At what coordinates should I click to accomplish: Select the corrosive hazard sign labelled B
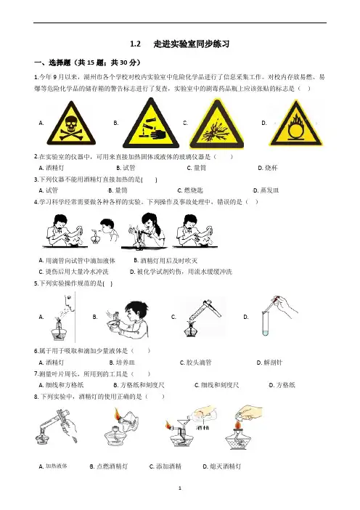[x=151, y=124]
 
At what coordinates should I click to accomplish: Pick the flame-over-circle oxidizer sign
[x=296, y=124]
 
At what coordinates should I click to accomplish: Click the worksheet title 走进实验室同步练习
[x=192, y=44]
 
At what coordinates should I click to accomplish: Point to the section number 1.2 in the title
[x=135, y=44]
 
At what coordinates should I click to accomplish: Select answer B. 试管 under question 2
[x=126, y=168]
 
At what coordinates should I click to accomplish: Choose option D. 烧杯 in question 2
[x=268, y=168]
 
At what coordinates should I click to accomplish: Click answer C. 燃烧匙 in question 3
[x=190, y=190]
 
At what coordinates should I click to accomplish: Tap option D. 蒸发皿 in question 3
[x=266, y=190]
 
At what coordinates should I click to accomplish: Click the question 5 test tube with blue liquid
[x=265, y=323]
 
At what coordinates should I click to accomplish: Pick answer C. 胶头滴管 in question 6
[x=195, y=363]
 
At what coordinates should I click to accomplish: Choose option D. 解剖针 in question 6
[x=269, y=363]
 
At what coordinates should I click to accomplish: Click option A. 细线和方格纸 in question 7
[x=61, y=385]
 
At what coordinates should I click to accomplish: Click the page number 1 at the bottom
[x=180, y=488]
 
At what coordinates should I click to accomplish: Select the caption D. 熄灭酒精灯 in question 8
[x=222, y=466]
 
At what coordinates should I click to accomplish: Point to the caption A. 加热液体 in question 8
[x=53, y=466]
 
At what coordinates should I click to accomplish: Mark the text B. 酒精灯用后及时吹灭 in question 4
[x=165, y=261]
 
